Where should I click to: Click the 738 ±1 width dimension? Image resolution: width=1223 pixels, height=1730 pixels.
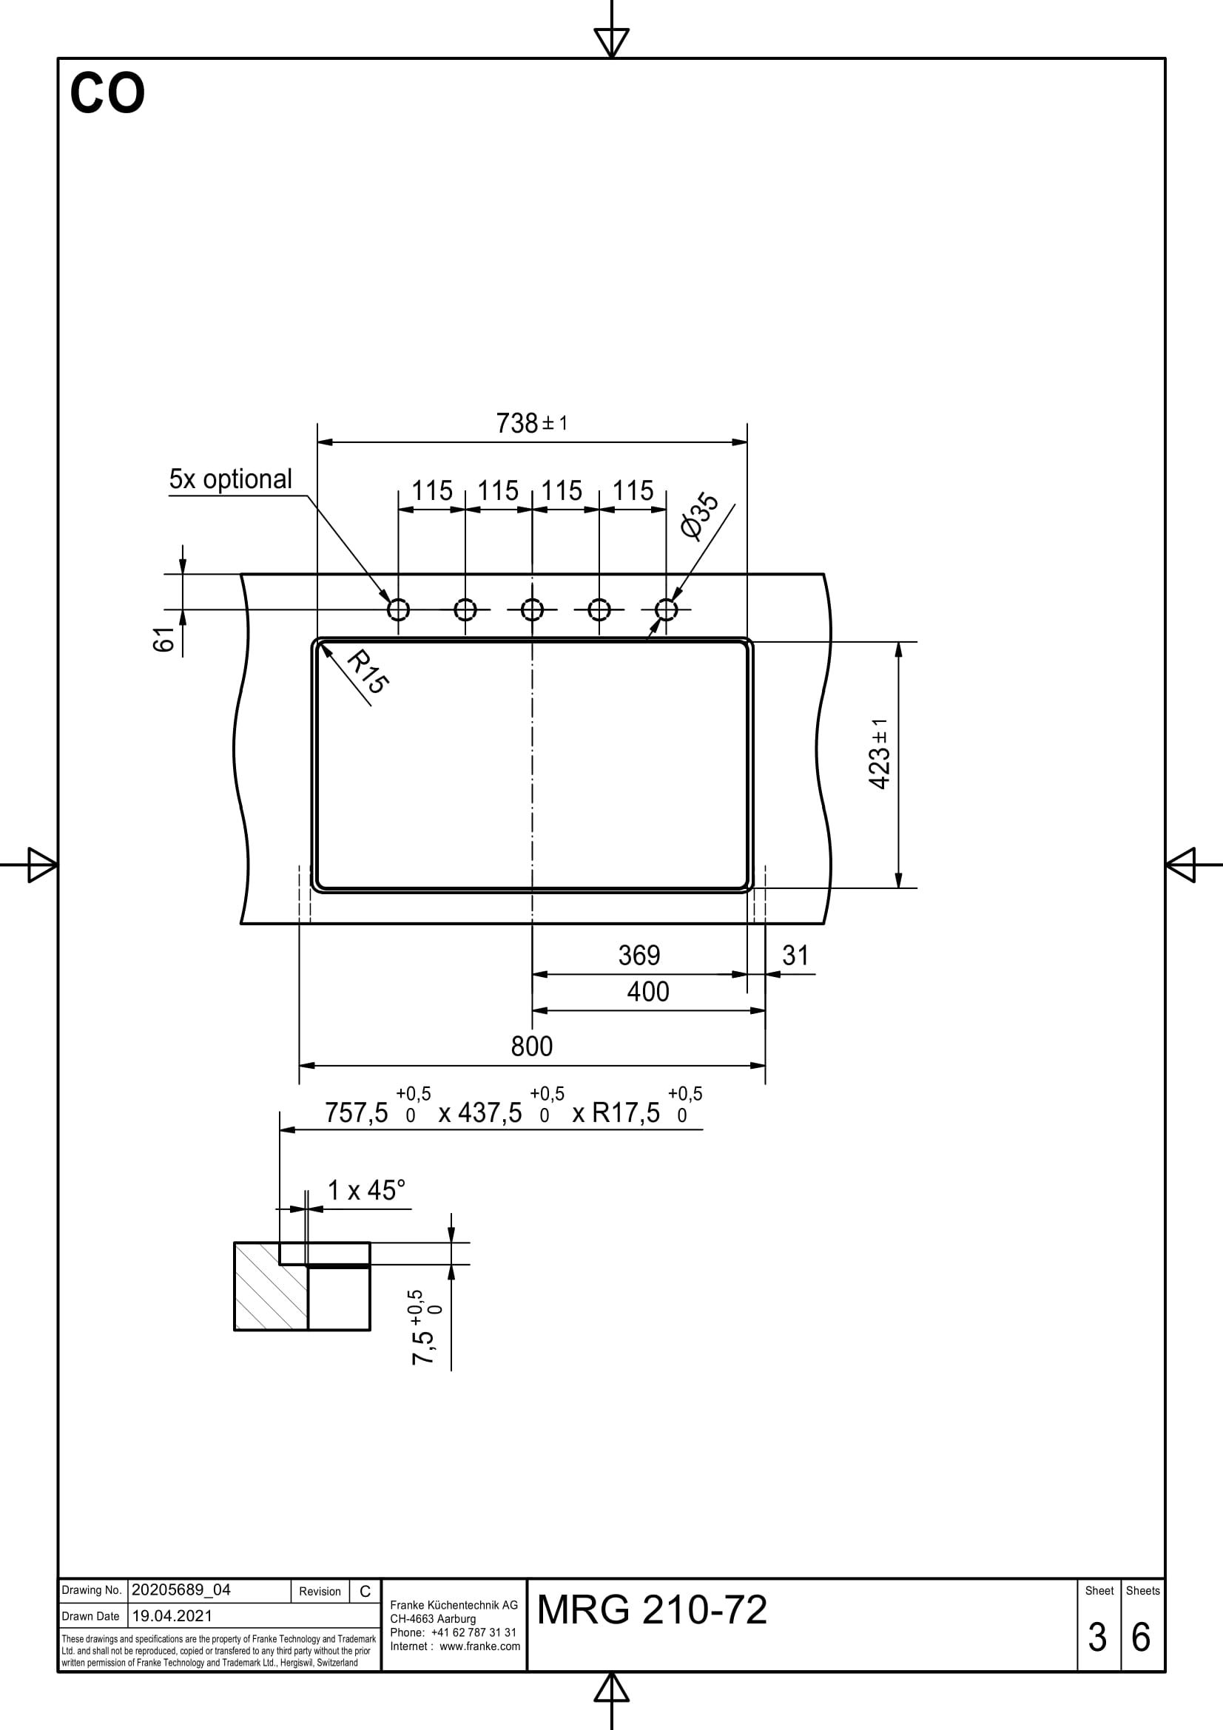[x=531, y=423]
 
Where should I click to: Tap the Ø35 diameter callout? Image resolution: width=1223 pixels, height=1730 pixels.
[x=699, y=516]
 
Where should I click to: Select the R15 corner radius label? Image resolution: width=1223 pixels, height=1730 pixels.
[x=368, y=672]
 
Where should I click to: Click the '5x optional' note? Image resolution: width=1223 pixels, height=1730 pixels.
[x=231, y=479]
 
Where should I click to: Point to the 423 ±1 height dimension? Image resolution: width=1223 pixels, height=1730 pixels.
[x=880, y=754]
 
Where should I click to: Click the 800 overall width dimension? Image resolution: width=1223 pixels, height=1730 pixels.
[x=532, y=1046]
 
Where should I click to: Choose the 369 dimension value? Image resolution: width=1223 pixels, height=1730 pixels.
[x=639, y=956]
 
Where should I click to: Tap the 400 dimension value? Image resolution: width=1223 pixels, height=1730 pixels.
[x=648, y=992]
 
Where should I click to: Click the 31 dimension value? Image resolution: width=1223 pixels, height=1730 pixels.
[x=796, y=956]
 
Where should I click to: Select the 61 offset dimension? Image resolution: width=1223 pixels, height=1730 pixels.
[x=164, y=640]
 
